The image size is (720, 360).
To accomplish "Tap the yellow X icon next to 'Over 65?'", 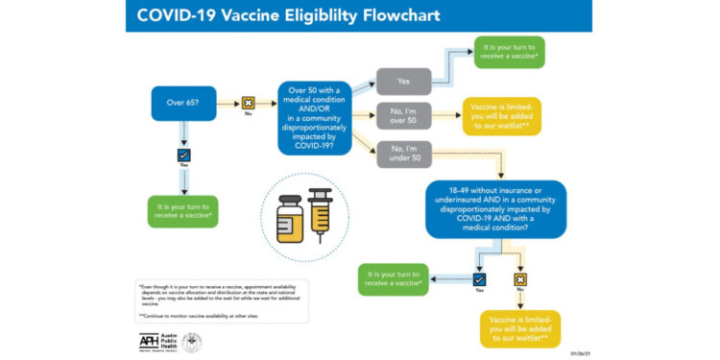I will click(x=247, y=103).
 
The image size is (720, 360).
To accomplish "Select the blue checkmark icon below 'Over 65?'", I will click(x=183, y=155).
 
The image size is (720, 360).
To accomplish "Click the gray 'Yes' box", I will click(x=403, y=82).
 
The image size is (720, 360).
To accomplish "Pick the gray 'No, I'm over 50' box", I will click(x=403, y=116).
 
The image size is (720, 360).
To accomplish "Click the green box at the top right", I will click(x=509, y=52).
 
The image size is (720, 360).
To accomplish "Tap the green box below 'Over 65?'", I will click(x=183, y=211).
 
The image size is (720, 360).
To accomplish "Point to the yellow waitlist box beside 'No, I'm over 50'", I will click(x=504, y=116).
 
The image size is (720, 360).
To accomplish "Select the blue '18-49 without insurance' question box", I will click(x=496, y=209).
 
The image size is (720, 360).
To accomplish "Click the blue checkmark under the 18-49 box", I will click(x=479, y=279).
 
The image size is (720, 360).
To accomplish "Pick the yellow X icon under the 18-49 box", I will click(x=520, y=279).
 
